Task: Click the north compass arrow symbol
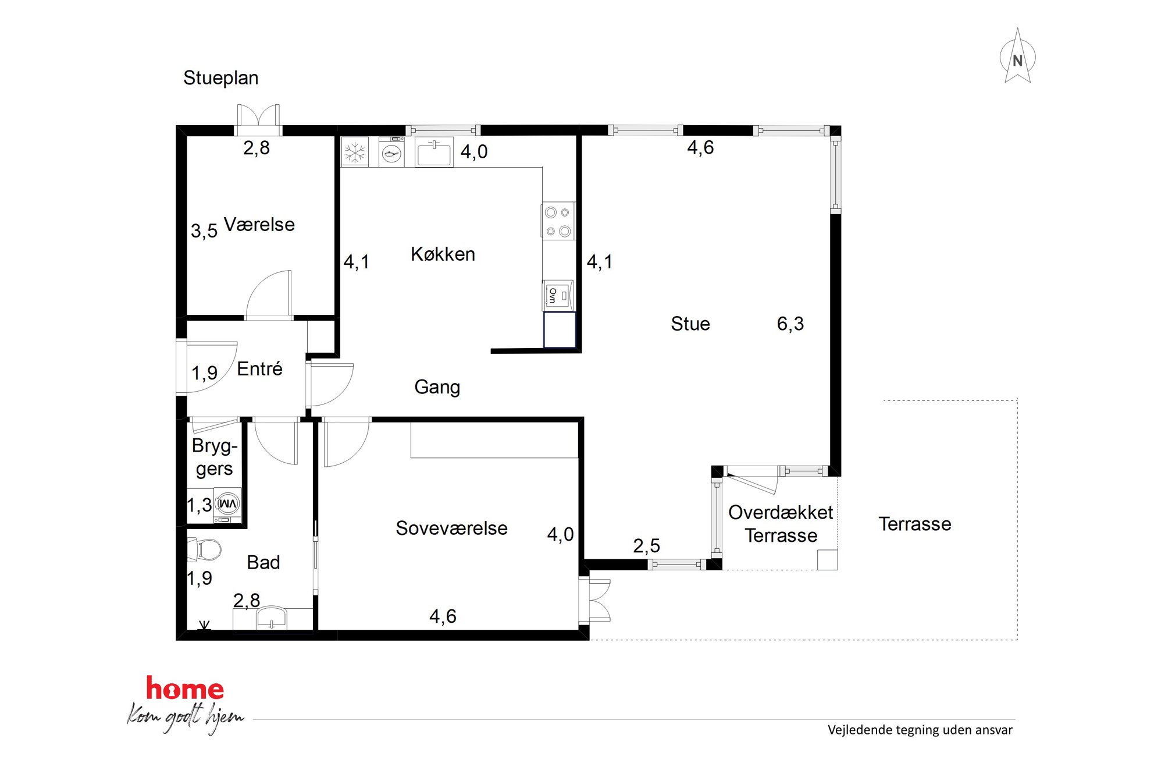pos(1017,56)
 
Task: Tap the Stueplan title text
pos(220,78)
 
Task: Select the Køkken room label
pos(443,254)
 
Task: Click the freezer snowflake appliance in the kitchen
pos(355,152)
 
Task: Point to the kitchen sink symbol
pos(434,153)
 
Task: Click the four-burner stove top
pos(558,221)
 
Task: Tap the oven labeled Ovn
pos(558,296)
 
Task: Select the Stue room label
pos(690,324)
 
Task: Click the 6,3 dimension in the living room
pos(790,324)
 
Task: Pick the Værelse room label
pos(259,225)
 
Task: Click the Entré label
pos(259,368)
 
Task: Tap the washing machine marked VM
pos(227,504)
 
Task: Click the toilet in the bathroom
pos(204,549)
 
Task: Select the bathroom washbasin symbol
pos(272,618)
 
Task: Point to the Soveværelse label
pos(452,528)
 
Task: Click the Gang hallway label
pos(437,387)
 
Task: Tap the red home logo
pos(185,689)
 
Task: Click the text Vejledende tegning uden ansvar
pos(920,730)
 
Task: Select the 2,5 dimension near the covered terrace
pos(647,546)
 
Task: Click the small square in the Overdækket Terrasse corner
pos(828,559)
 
